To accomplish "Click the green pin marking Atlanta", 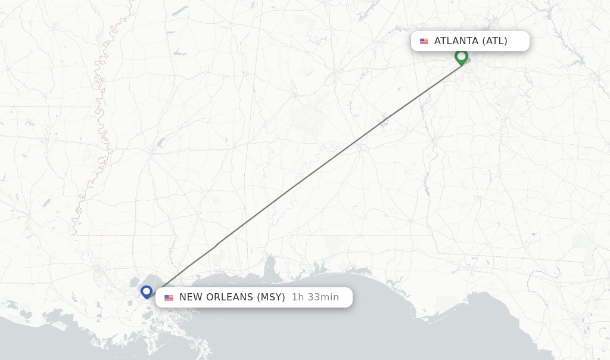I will (x=461, y=57).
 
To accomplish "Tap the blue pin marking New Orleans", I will (x=147, y=291).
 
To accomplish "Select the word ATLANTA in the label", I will (x=456, y=41).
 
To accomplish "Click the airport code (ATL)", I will (x=494, y=41).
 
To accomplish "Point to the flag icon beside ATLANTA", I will (x=424, y=41).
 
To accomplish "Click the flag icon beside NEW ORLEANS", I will (x=169, y=297).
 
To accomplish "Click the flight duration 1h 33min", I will (x=315, y=297).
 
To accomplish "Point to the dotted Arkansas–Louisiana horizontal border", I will (x=48, y=107).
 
